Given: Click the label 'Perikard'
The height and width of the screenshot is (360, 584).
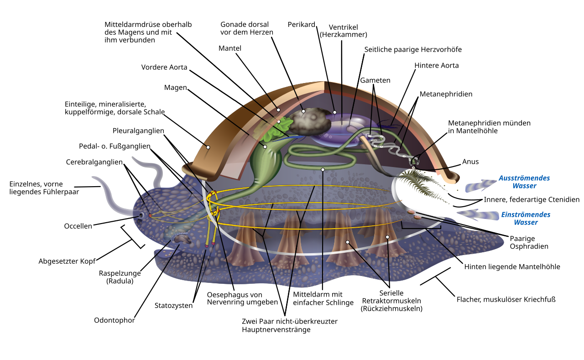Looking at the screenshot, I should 301,24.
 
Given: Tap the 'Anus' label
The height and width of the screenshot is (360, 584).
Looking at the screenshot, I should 470,162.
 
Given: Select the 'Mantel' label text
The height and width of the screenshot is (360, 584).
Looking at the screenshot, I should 229,48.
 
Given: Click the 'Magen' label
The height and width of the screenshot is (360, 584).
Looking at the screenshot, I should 176,87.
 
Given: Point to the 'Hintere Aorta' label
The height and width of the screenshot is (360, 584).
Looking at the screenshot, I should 436,65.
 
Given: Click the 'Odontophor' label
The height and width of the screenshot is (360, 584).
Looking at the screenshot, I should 114,320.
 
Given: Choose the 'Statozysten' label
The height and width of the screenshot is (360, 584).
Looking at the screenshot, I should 173,305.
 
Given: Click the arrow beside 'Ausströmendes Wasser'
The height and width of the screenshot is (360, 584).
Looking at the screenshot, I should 480,185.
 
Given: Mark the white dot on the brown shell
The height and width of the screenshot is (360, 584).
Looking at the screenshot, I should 208,147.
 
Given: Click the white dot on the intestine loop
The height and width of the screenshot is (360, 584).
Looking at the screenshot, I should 323,169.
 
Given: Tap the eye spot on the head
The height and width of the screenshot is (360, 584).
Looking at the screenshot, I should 141,215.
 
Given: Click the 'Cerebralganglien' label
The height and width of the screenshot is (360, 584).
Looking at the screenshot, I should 94,162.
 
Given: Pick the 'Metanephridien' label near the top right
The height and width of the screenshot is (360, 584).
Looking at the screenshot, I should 445,94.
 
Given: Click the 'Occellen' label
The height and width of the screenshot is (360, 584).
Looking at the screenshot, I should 78,226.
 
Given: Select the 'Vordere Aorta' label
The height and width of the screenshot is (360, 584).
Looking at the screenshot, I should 164,67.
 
